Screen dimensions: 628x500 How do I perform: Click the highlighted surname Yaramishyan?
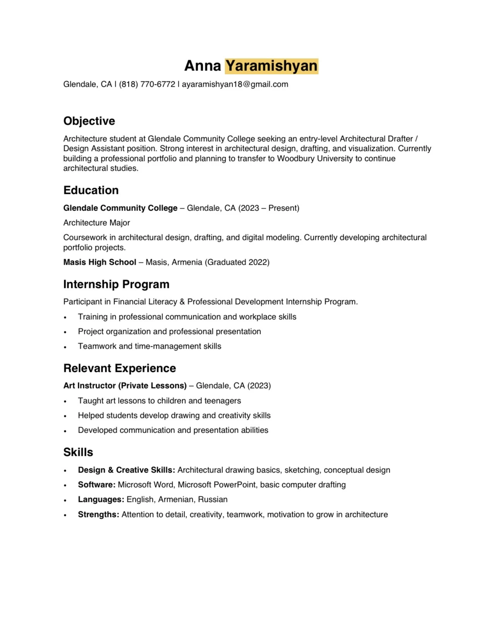click(x=271, y=66)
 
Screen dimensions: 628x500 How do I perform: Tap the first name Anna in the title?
click(x=202, y=66)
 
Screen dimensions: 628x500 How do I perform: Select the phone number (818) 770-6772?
click(x=147, y=84)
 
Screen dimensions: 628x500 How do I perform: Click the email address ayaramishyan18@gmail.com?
click(x=235, y=84)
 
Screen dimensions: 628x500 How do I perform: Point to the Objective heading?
click(x=89, y=121)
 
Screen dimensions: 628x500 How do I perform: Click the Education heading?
click(x=91, y=190)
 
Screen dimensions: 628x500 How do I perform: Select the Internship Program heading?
click(x=116, y=284)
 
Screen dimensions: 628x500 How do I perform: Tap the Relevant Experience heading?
click(x=120, y=368)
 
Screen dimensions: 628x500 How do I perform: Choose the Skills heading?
click(x=78, y=452)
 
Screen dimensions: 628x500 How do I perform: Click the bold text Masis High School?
click(x=99, y=262)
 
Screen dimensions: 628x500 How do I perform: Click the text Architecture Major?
click(x=96, y=223)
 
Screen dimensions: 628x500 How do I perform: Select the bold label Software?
click(x=96, y=485)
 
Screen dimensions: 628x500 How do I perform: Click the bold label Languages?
click(x=101, y=500)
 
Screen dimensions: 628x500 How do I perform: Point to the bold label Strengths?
click(x=98, y=515)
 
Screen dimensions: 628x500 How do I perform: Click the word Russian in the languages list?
click(x=212, y=500)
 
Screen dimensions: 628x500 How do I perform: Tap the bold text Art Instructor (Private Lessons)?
click(x=125, y=386)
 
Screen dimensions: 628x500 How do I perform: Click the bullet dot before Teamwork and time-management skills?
click(x=65, y=347)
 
